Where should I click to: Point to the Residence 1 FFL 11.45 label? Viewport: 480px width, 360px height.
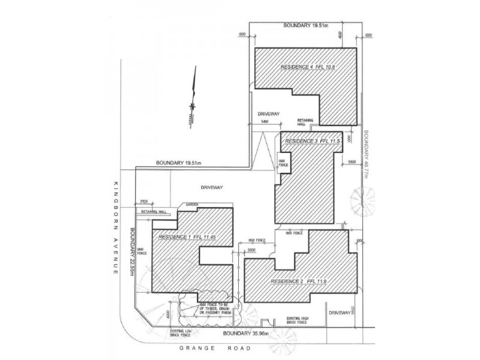185,238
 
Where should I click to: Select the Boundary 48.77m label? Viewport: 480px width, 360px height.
365,155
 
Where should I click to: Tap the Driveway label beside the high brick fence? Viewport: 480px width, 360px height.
340,313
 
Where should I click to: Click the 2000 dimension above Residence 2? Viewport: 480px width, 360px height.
251,249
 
